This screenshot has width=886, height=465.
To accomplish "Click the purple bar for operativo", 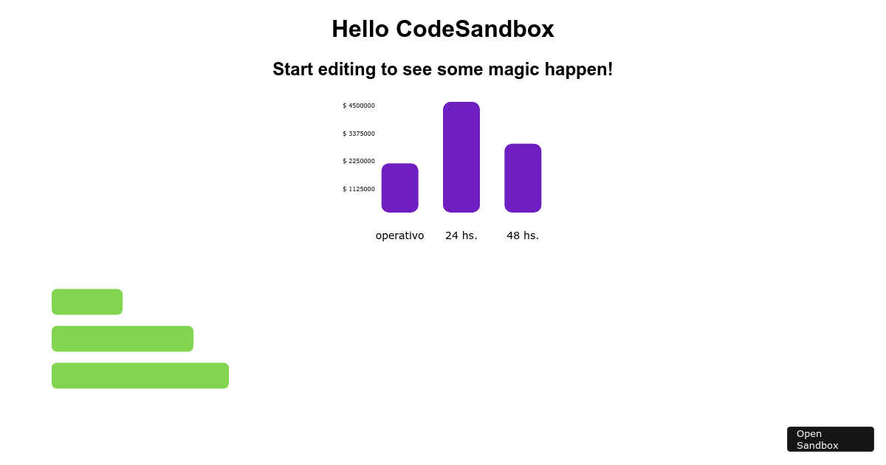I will (399, 187).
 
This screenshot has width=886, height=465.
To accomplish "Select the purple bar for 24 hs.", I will (461, 157).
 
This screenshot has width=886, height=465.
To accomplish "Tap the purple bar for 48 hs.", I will (523, 178).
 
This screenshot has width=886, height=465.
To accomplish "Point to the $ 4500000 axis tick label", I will (359, 106).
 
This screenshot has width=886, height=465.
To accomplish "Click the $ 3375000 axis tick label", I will (359, 134).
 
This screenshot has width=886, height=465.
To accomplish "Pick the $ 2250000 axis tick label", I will (359, 161).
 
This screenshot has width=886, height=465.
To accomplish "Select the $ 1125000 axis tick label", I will (359, 189).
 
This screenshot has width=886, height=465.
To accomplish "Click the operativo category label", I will (399, 235).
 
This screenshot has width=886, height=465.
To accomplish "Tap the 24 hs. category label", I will (461, 235).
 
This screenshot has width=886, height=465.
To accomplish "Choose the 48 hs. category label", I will (523, 235).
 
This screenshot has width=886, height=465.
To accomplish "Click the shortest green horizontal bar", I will (87, 302).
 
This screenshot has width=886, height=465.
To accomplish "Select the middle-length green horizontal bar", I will (123, 339).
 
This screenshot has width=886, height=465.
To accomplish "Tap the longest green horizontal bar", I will (140, 376).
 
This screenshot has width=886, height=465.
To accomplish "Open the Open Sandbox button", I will (830, 439).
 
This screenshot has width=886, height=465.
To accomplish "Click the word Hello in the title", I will (360, 29).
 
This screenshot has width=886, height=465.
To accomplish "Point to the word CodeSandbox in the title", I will (475, 29).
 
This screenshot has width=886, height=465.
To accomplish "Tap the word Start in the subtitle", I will (294, 69).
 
